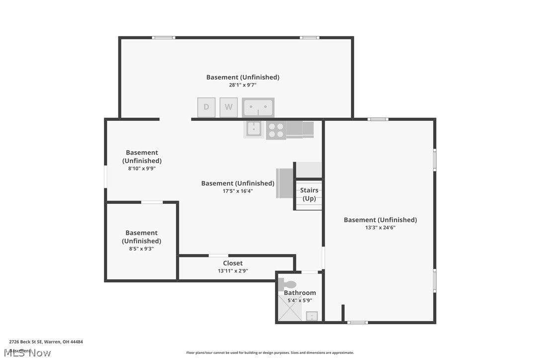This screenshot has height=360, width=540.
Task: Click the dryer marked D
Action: [206, 107]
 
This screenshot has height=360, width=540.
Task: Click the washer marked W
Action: [229, 107]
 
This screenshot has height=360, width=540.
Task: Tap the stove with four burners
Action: [275, 130]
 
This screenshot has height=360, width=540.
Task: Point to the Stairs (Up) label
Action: [309, 194]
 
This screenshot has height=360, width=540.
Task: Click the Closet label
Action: [233, 263]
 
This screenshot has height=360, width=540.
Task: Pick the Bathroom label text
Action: [300, 293]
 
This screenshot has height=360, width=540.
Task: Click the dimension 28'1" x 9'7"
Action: [243, 85]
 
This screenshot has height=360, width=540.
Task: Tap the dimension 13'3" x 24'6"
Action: [380, 228]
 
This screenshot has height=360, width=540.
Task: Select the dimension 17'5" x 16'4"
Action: [238, 191]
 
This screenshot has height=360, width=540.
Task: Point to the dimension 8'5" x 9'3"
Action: [141, 249]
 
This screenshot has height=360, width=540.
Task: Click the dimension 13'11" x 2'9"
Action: [233, 271]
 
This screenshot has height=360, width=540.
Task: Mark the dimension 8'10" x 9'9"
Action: [142, 169]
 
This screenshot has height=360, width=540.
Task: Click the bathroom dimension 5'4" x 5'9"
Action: [299, 300]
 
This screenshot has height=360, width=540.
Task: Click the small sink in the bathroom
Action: [312, 316]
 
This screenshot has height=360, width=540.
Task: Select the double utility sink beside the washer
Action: [258, 107]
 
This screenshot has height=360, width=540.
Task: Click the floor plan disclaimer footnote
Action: [270, 353]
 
